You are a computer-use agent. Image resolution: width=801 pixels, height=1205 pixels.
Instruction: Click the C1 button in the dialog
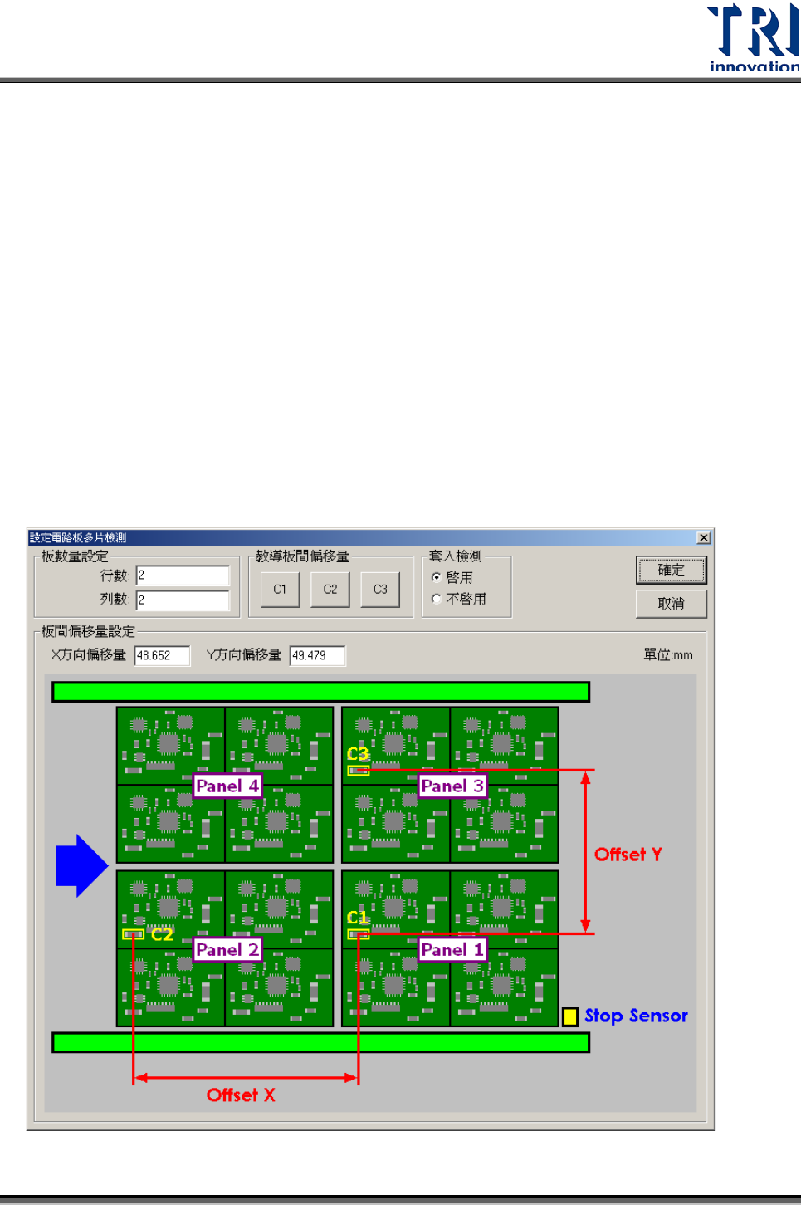click(280, 590)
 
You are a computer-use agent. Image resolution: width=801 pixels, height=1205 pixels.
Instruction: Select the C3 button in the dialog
click(380, 590)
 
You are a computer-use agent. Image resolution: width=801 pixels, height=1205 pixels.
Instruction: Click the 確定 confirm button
click(671, 570)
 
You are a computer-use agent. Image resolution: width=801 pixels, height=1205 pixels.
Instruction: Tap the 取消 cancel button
click(671, 604)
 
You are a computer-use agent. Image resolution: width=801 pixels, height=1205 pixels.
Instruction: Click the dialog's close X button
click(704, 538)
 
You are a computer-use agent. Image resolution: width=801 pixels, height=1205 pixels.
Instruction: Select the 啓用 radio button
click(437, 577)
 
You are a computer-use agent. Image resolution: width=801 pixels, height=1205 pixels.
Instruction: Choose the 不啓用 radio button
click(437, 599)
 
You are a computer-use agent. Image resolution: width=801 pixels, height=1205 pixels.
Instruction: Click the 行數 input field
click(183, 576)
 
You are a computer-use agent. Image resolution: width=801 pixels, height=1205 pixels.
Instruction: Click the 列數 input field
click(183, 600)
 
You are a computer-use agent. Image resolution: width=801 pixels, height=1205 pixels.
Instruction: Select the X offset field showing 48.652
click(162, 655)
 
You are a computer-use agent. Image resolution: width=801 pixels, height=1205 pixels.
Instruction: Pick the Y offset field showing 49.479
click(317, 655)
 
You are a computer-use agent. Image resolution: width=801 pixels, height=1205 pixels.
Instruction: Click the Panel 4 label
click(227, 786)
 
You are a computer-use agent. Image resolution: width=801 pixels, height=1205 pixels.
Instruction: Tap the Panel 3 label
click(452, 786)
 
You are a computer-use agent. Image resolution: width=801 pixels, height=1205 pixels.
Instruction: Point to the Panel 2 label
click(227, 949)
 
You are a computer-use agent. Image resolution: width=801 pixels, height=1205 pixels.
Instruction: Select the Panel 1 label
click(452, 949)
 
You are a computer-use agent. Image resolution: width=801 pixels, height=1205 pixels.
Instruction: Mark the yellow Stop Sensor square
click(570, 1016)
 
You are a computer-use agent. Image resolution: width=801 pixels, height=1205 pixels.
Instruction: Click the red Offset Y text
click(628, 855)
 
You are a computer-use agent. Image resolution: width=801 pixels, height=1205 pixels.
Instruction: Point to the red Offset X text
click(241, 1095)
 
